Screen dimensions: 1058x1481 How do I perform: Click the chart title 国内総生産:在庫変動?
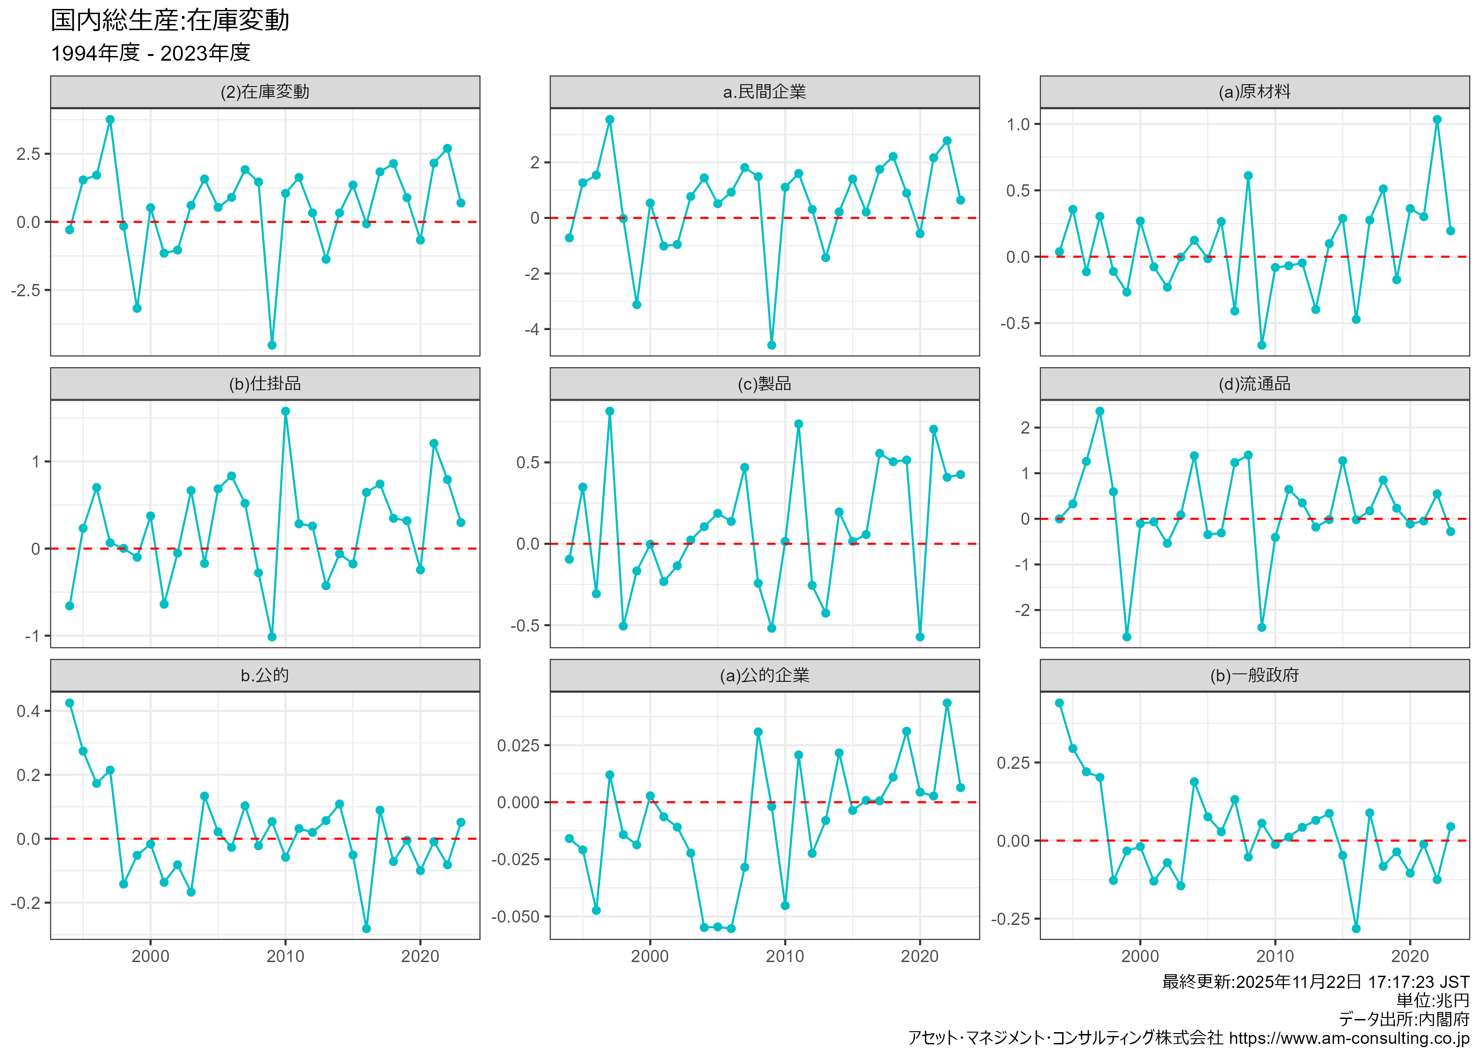coord(170,20)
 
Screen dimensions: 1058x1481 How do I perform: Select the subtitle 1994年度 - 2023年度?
coord(150,53)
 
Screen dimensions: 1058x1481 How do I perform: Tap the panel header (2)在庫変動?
coord(265,92)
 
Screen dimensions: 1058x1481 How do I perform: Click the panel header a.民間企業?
coord(764,92)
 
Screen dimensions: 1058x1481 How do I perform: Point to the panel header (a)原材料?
coord(1254,92)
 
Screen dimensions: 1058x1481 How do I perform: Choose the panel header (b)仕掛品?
coord(265,384)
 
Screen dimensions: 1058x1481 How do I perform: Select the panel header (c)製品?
coord(764,384)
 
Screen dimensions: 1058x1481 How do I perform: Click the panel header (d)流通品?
coord(1254,384)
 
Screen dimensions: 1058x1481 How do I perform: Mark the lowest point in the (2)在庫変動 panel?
coord(272,345)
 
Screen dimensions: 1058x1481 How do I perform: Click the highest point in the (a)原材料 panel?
coord(1437,120)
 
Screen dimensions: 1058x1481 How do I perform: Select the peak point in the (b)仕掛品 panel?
coord(285,411)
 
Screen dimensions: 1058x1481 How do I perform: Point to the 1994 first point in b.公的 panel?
coord(70,703)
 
